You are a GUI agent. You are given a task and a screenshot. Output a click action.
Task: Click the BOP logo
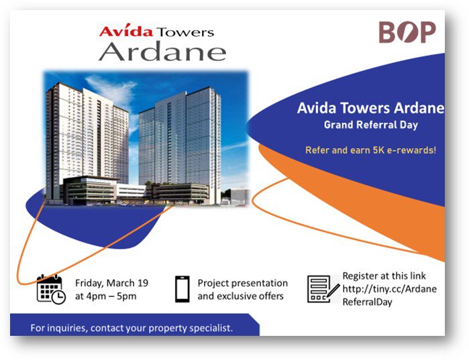pyautogui.click(x=407, y=32)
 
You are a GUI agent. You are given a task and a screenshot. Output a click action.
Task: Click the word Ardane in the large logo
pyautogui.click(x=162, y=51)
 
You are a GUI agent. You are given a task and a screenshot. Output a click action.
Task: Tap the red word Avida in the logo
pyautogui.click(x=126, y=31)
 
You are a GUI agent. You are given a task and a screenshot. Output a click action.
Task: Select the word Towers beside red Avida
pyautogui.click(x=185, y=32)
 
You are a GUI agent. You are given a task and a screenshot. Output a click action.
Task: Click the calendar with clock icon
pyautogui.click(x=51, y=289)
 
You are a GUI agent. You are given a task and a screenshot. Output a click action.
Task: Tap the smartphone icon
pyautogui.click(x=181, y=289)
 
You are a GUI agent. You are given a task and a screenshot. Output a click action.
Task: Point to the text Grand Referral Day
pyautogui.click(x=370, y=124)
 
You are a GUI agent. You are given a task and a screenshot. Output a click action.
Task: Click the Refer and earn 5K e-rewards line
pyautogui.click(x=370, y=149)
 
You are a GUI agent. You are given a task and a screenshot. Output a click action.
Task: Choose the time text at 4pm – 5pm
pyautogui.click(x=106, y=296)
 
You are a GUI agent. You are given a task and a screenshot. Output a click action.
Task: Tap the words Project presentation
pyautogui.click(x=242, y=283)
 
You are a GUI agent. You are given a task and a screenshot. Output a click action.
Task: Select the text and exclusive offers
pyautogui.click(x=240, y=296)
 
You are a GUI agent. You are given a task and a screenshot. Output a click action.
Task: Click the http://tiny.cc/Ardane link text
pyautogui.click(x=389, y=289)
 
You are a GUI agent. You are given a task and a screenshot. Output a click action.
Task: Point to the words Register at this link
pyautogui.click(x=384, y=276)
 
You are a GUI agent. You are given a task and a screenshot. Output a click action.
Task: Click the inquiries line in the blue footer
pyautogui.click(x=132, y=328)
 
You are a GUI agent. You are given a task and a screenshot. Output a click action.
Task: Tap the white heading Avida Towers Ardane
pyautogui.click(x=370, y=108)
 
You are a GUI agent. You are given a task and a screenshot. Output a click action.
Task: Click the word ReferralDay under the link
pyautogui.click(x=367, y=302)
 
